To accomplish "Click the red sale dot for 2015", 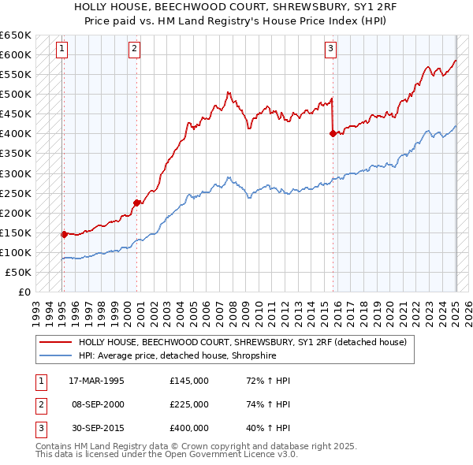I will [333, 134].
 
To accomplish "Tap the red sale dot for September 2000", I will [136, 203].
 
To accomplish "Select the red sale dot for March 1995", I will [64, 234].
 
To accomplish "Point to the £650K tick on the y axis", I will [17, 35].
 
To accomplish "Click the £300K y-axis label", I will [17, 173].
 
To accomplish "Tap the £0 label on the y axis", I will [23, 292].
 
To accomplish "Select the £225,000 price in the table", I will [189, 404].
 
